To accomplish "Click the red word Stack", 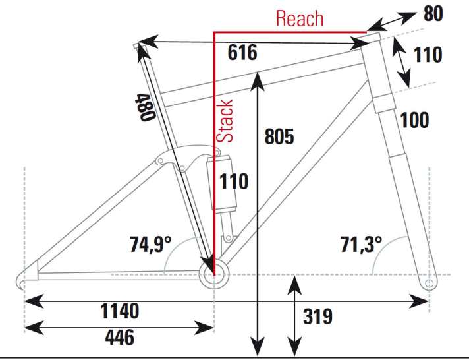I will point(226,121).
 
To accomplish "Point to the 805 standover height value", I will point(279,136).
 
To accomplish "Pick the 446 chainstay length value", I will point(119,338).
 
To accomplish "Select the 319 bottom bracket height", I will point(317,317).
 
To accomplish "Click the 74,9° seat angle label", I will point(150,245).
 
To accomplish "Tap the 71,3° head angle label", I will point(361,245).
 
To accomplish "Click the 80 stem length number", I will point(432,14).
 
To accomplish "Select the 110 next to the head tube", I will point(428,55).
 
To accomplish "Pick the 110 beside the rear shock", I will point(234,181).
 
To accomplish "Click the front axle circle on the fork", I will point(429,283).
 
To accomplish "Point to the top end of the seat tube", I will point(137,45).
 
